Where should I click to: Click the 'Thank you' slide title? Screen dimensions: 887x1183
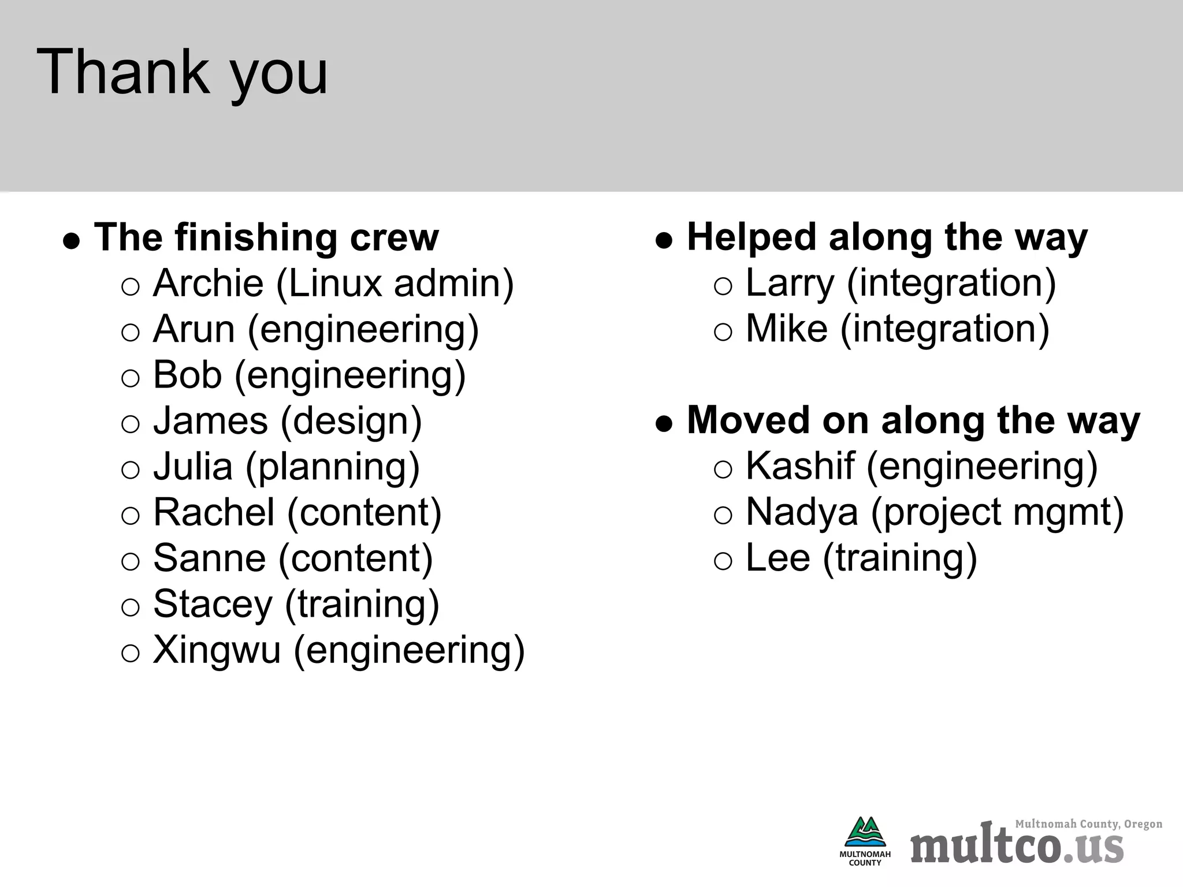click(182, 73)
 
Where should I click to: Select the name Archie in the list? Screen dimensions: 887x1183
click(208, 283)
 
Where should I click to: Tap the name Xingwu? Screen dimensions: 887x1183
click(217, 650)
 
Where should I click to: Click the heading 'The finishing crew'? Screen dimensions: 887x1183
click(266, 237)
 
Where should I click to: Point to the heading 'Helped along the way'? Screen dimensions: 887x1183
click(887, 237)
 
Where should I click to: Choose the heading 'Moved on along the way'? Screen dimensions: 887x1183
click(913, 420)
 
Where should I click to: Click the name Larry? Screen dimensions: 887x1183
click(790, 283)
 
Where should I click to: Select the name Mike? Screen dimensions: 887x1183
click(786, 329)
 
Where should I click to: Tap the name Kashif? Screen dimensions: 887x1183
click(800, 466)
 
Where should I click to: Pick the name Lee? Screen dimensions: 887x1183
click(777, 558)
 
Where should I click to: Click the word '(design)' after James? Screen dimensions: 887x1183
click(351, 421)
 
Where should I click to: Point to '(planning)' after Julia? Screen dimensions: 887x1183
click(333, 467)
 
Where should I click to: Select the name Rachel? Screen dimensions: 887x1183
click(214, 512)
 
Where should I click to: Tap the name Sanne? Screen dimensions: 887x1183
click(209, 558)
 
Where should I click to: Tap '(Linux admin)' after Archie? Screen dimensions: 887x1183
click(395, 284)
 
